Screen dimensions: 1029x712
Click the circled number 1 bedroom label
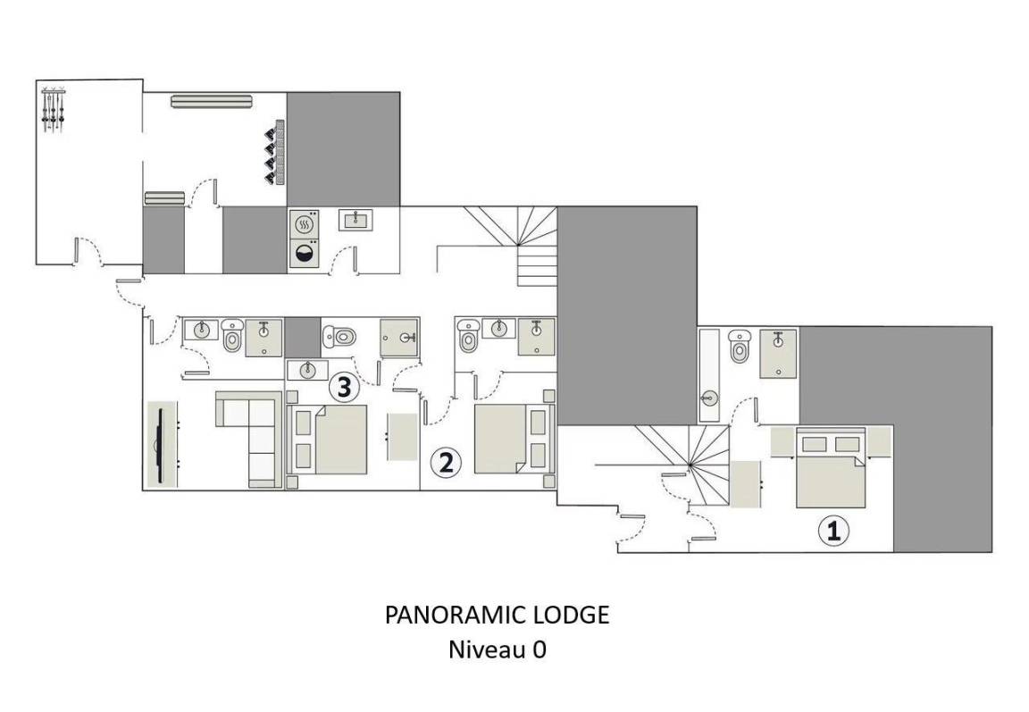pos(833,531)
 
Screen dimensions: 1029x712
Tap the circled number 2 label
pos(446,463)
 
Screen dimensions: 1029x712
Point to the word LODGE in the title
pos(573,615)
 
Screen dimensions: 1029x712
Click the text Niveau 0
pos(497,649)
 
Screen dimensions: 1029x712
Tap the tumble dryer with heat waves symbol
pos(305,223)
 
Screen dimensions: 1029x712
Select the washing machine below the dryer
pos(305,254)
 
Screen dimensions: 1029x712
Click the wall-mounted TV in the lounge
pos(162,444)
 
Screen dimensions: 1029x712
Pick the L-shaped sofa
pos(249,439)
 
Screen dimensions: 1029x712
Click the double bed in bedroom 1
pos(831,467)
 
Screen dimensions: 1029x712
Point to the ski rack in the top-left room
pos(53,109)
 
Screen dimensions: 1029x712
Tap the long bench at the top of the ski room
pos(212,101)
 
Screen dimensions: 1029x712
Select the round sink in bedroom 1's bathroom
pos(708,397)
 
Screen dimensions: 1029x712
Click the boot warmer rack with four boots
pos(275,152)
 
